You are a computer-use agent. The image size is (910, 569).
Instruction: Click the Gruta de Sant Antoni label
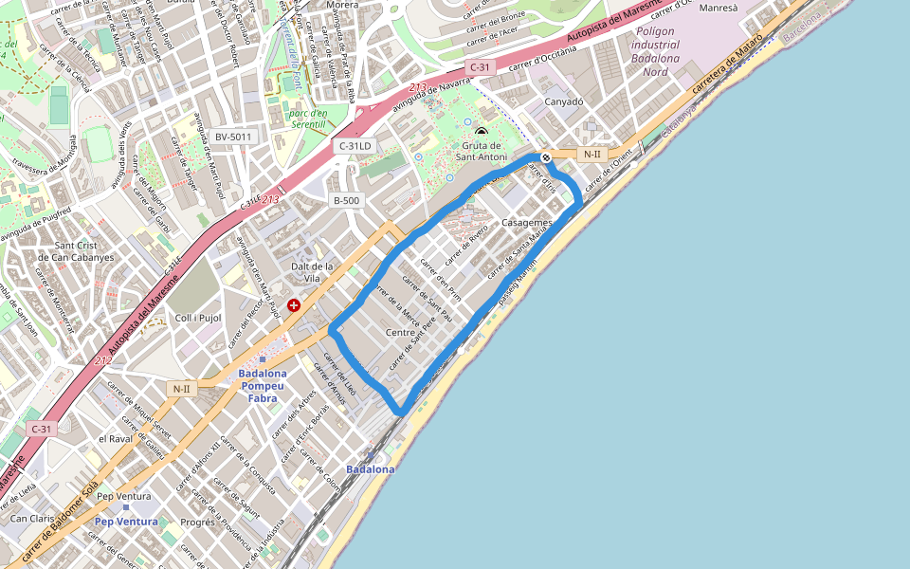pyautogui.click(x=482, y=152)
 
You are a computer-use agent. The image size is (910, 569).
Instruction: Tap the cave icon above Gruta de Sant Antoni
pyautogui.click(x=482, y=133)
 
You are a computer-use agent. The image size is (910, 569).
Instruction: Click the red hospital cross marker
pyautogui.click(x=294, y=305)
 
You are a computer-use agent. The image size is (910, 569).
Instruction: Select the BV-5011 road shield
pyautogui.click(x=233, y=137)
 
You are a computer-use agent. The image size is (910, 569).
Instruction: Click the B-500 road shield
pyautogui.click(x=346, y=200)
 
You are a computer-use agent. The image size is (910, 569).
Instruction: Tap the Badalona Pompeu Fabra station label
pyautogui.click(x=263, y=386)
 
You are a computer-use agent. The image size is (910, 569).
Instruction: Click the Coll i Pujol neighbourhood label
pyautogui.click(x=198, y=318)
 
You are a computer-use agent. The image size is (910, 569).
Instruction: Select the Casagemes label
pyautogui.click(x=526, y=221)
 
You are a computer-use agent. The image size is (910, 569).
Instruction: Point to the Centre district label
pyautogui.click(x=402, y=332)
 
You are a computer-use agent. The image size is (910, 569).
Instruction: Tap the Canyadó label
pyautogui.click(x=563, y=101)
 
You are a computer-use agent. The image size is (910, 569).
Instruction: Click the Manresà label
pyautogui.click(x=717, y=8)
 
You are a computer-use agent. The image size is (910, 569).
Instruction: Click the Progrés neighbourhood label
pyautogui.click(x=197, y=522)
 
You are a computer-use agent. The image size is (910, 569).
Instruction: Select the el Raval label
pyautogui.click(x=114, y=439)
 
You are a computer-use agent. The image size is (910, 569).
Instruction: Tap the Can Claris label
pyautogui.click(x=31, y=519)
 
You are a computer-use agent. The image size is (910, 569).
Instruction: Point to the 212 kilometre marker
pyautogui.click(x=103, y=360)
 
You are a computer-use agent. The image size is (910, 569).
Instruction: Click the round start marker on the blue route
pyautogui.click(x=546, y=157)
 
